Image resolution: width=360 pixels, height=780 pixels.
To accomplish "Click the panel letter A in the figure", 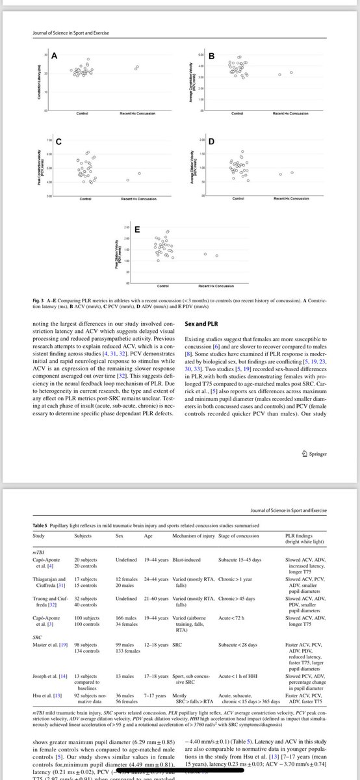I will tap(55, 57).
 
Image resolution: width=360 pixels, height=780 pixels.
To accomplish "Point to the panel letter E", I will tap(136, 229).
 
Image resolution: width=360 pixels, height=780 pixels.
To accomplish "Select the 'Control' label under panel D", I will tap(236, 198).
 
